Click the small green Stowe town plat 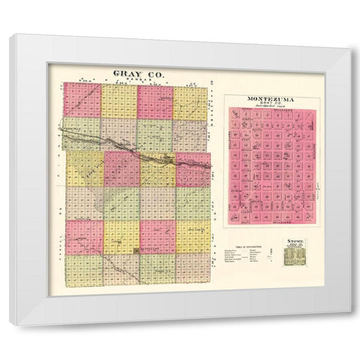point(294,256)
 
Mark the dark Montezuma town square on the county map point(135,251)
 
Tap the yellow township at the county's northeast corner point(190,102)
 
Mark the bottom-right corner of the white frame point(349,325)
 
